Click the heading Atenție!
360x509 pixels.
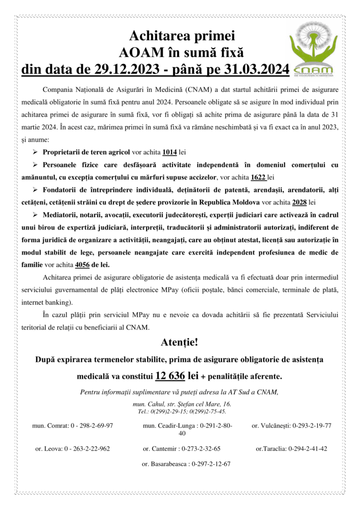pyautogui.click(x=180, y=342)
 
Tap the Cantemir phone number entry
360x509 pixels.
pyautogui.click(x=181, y=448)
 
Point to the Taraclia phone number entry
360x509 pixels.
pyautogui.click(x=291, y=448)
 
